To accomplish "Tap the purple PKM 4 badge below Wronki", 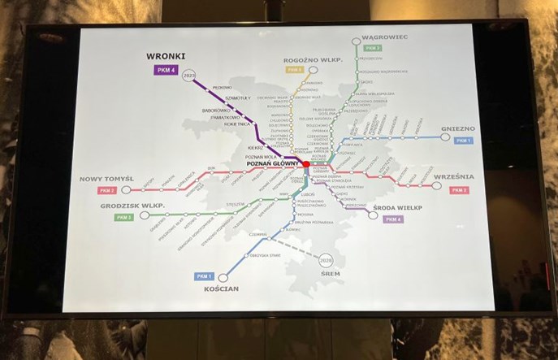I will click(x=167, y=70).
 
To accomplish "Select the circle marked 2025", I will click(x=190, y=76).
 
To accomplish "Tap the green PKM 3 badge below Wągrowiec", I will click(x=373, y=48).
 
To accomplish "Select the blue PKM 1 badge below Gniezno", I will click(x=463, y=141).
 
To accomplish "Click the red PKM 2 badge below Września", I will click(x=460, y=189).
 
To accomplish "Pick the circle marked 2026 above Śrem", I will click(x=327, y=259).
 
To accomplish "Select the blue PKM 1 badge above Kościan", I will click(x=204, y=276).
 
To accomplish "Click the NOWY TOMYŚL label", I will click(x=106, y=179).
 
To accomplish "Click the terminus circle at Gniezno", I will click(x=446, y=137).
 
